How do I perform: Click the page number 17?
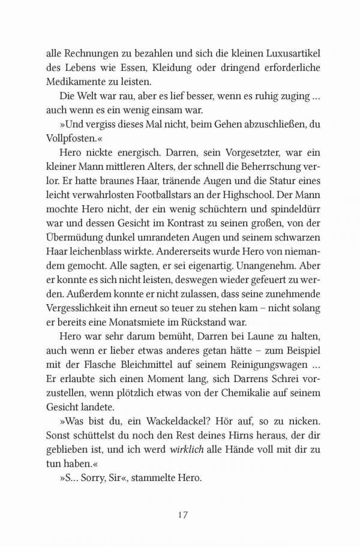point(184,515)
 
